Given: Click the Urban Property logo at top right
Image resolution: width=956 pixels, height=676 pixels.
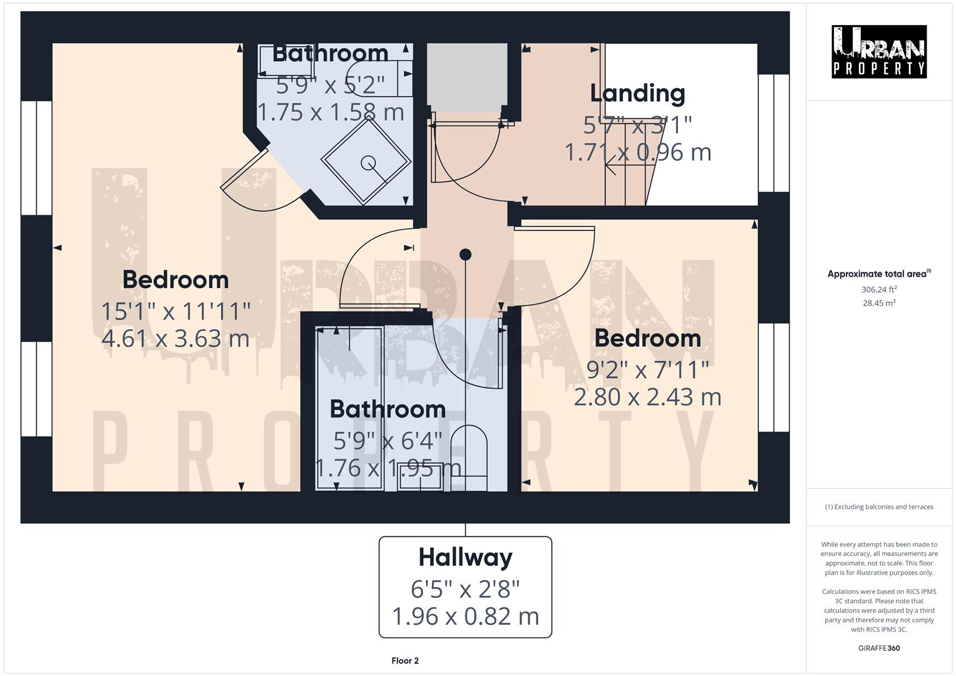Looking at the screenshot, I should coord(878,51).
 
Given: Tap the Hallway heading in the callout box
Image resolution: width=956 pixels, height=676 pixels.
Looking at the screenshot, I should coord(465,557).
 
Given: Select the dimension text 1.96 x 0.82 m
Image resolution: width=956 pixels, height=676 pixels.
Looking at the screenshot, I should coord(465,617).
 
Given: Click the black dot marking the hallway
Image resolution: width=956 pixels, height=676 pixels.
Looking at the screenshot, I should coord(465,254).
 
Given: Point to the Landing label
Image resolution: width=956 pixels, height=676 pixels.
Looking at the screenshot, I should coord(637,93).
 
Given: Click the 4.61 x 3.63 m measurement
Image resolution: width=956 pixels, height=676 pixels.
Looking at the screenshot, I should coord(175,339).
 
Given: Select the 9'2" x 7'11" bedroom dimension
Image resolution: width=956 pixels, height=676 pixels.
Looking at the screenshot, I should coord(647,369).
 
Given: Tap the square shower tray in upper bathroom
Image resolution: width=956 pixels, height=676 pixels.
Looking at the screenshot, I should coord(367,161).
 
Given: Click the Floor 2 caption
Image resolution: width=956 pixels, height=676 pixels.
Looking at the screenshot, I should coord(405,660).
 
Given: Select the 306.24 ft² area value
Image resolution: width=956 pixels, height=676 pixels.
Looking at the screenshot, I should coord(878,289).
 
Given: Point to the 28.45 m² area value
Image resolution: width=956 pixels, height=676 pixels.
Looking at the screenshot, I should coord(878,303).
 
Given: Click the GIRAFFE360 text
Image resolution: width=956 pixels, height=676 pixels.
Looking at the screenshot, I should coord(878,648).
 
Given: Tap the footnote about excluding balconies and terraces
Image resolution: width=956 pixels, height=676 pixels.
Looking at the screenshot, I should coord(878,506).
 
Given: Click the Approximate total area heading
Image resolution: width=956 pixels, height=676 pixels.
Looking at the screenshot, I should coord(878,274).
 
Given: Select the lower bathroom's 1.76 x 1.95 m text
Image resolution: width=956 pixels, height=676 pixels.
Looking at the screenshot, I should coord(388,468).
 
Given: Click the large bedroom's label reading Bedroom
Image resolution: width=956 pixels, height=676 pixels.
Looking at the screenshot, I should coord(175,279).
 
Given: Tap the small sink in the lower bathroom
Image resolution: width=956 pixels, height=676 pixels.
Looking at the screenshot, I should coord(420,476).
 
